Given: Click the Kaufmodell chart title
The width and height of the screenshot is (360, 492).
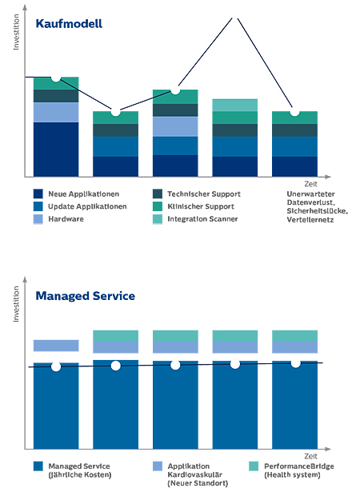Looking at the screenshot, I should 69,24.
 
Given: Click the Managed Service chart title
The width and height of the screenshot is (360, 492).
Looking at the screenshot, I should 85,297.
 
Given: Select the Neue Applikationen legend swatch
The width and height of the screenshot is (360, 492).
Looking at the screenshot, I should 38,194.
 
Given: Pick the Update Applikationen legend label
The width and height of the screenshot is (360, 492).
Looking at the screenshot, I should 87,206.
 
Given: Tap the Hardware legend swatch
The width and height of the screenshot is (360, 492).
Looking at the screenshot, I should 38,218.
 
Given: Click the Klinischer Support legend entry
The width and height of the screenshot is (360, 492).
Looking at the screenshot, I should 201,206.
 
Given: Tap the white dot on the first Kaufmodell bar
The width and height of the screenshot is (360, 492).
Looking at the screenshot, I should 56,78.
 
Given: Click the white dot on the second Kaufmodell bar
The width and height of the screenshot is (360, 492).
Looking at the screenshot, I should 115,111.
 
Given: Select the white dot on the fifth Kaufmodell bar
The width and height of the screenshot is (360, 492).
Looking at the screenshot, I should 294,112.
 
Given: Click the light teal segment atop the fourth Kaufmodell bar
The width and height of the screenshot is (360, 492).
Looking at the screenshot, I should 234,105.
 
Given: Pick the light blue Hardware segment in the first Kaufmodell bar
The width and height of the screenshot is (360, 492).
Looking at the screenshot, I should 56,112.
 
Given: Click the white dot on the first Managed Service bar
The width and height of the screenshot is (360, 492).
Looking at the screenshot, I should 56,366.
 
